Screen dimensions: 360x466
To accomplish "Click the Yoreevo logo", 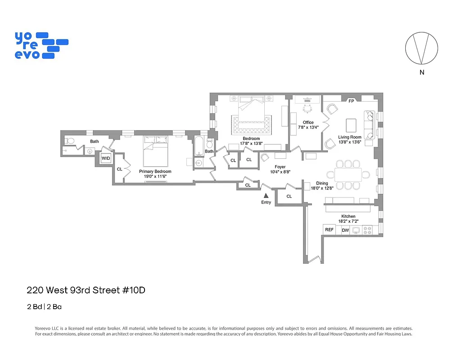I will click(41, 45).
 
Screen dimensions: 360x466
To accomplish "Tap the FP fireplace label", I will click(351, 101).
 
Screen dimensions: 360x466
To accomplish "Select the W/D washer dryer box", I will click(106, 158).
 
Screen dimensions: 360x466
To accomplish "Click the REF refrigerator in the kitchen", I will click(329, 229).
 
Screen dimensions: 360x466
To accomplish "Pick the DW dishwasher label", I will click(345, 230).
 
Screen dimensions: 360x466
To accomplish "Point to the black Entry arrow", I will click(266, 195).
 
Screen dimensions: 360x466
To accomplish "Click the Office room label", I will click(308, 122).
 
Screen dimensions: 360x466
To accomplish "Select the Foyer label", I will click(280, 167).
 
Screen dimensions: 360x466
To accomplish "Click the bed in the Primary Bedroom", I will click(156, 151).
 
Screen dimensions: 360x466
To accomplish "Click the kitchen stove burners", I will click(367, 230).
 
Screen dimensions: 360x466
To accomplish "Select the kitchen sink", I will click(356, 230).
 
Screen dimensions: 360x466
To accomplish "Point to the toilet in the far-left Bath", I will click(68, 141).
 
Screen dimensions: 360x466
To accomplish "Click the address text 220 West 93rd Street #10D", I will click(86, 290).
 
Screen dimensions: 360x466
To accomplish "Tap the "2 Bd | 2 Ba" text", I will click(44, 307).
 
